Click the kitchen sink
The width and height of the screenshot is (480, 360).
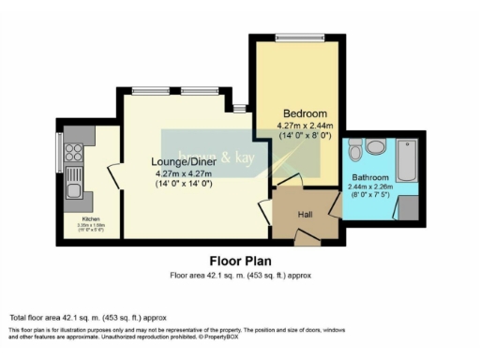72,192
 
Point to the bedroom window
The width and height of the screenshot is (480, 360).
299,37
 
